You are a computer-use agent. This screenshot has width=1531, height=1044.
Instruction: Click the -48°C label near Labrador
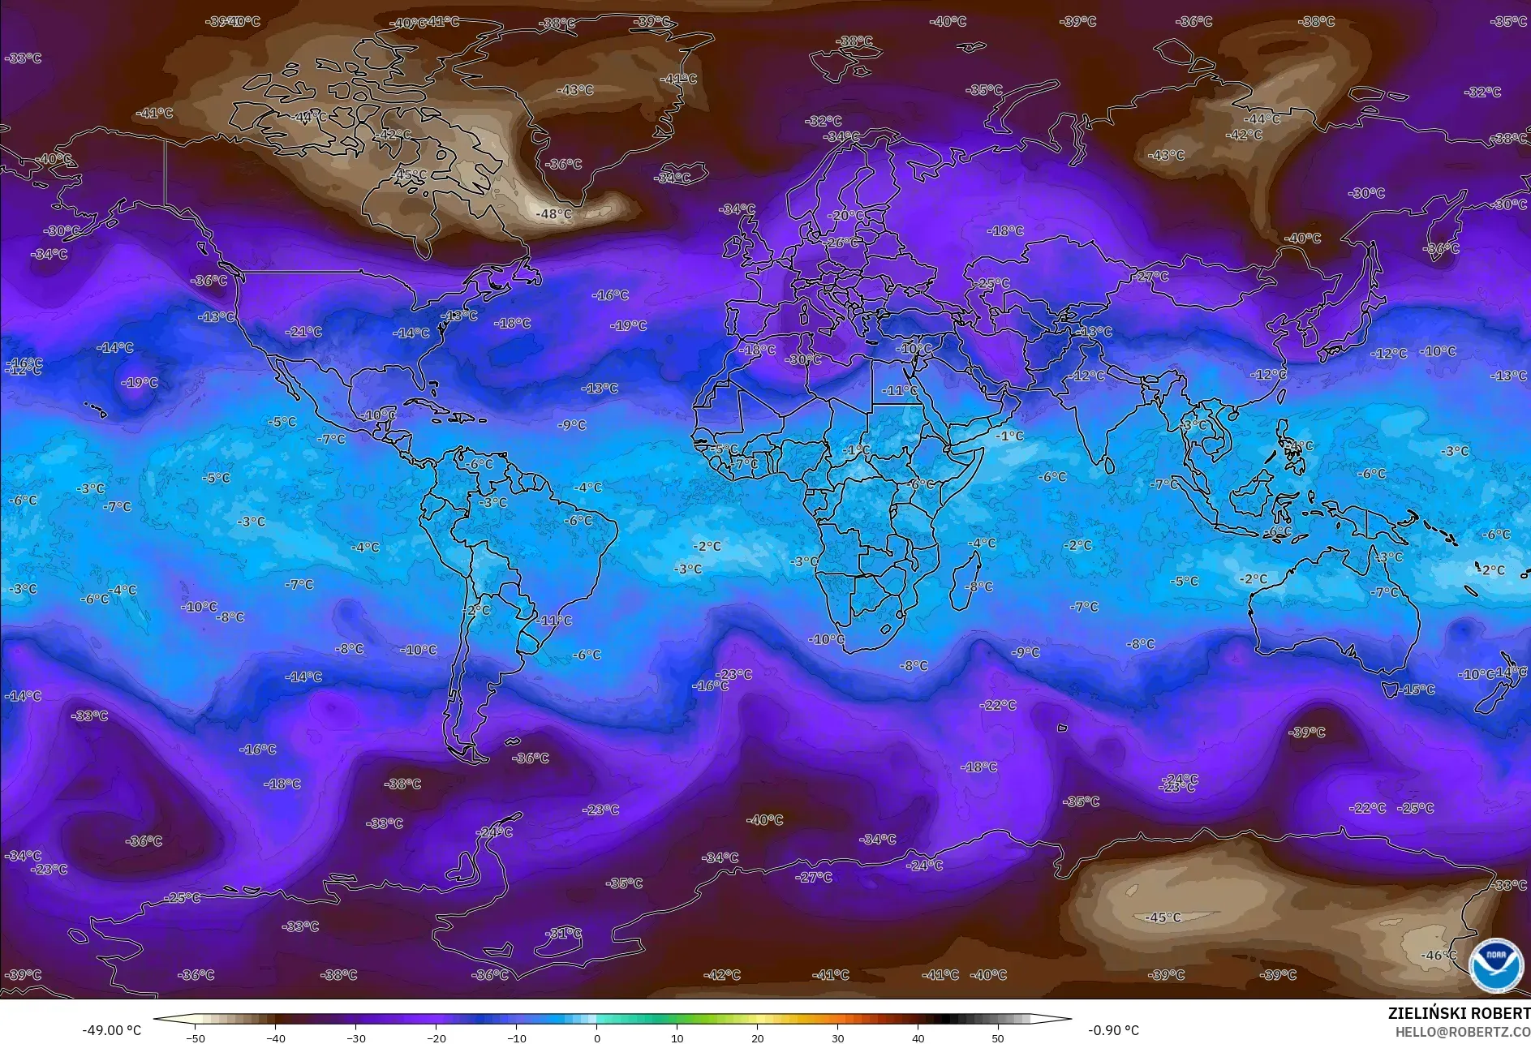pyautogui.click(x=554, y=214)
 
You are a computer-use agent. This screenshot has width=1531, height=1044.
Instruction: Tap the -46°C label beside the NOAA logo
pyautogui.click(x=1439, y=956)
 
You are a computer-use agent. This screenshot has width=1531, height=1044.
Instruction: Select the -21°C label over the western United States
pyautogui.click(x=304, y=332)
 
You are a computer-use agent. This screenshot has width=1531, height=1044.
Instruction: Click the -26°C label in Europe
pyautogui.click(x=841, y=243)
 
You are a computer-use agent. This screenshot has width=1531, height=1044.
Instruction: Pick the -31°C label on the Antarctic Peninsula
pyautogui.click(x=563, y=934)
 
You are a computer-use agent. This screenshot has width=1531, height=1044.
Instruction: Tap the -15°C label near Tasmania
pyautogui.click(x=1417, y=690)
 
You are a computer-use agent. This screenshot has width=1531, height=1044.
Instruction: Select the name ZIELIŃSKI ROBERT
pyautogui.click(x=1458, y=1013)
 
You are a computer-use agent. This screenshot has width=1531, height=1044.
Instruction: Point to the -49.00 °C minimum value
pyautogui.click(x=111, y=1030)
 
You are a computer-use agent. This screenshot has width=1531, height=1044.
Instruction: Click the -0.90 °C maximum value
pyautogui.click(x=1113, y=1030)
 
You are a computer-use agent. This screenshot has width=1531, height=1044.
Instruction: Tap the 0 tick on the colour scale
pyautogui.click(x=597, y=1038)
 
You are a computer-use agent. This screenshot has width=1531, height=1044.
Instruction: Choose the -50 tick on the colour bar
pyautogui.click(x=195, y=1038)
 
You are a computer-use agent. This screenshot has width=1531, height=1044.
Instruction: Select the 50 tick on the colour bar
pyautogui.click(x=998, y=1038)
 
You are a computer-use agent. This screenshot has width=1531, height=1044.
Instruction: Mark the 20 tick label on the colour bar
pyautogui.click(x=757, y=1038)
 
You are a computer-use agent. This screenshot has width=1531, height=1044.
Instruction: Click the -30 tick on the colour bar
pyautogui.click(x=355, y=1038)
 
